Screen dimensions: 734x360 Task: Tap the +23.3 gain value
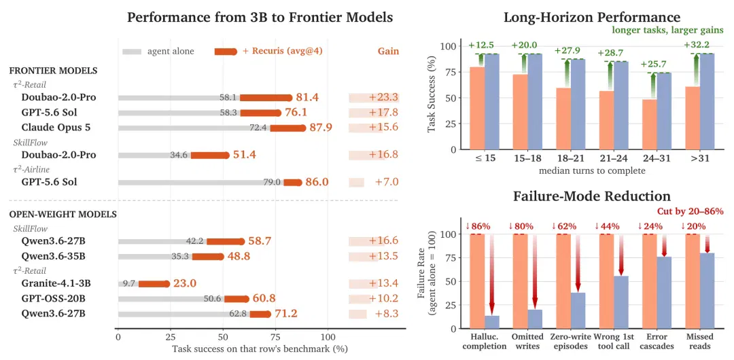click(x=383, y=97)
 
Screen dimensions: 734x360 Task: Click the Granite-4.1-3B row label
click(x=56, y=283)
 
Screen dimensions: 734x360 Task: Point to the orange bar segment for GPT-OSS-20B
click(x=237, y=299)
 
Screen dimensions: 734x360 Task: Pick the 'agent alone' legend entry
click(x=158, y=51)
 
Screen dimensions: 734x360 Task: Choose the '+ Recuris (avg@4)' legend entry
click(x=268, y=51)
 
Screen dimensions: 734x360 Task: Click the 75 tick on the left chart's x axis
click(x=275, y=337)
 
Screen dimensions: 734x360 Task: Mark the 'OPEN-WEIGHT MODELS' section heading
click(x=63, y=215)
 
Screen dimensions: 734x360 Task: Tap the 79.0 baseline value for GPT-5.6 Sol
click(x=271, y=182)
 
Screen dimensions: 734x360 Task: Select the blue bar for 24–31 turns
click(x=664, y=111)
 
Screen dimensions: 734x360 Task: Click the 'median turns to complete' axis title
click(x=592, y=171)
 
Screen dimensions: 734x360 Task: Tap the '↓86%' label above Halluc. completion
click(x=478, y=227)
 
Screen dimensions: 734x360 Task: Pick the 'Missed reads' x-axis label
click(x=699, y=342)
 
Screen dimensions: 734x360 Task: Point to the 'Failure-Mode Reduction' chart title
click(x=592, y=195)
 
